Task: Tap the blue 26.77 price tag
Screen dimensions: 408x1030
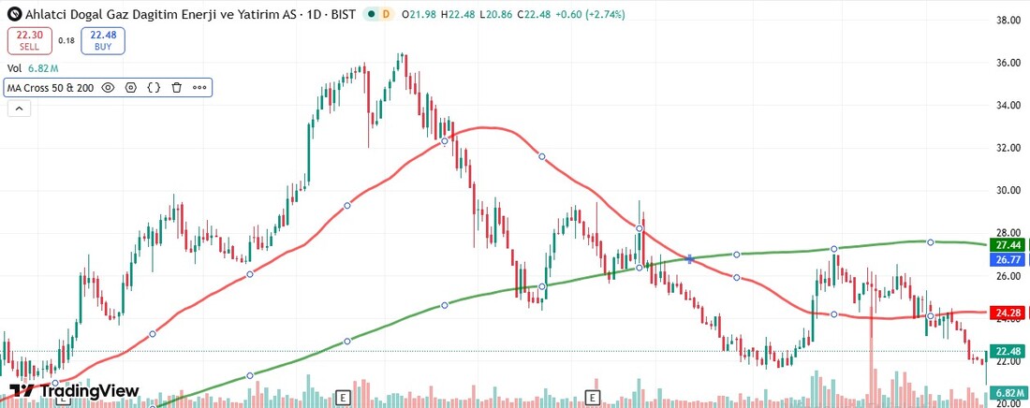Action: [x=1008, y=259]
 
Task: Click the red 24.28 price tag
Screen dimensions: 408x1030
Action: [x=1008, y=312]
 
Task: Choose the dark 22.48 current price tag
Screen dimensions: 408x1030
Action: [x=1008, y=351]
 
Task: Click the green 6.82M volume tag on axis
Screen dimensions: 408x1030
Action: [x=1008, y=392]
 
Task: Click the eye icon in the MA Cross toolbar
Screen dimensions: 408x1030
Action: [x=108, y=88]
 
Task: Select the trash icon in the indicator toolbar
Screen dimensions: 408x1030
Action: [x=176, y=88]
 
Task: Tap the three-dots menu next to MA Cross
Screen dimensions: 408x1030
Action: [x=199, y=88]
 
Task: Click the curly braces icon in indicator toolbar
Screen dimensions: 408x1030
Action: [x=154, y=88]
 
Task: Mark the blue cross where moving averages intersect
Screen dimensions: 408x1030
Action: [x=690, y=258]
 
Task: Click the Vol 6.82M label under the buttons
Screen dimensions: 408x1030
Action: [x=34, y=68]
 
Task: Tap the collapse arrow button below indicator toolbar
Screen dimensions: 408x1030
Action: [x=19, y=109]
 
